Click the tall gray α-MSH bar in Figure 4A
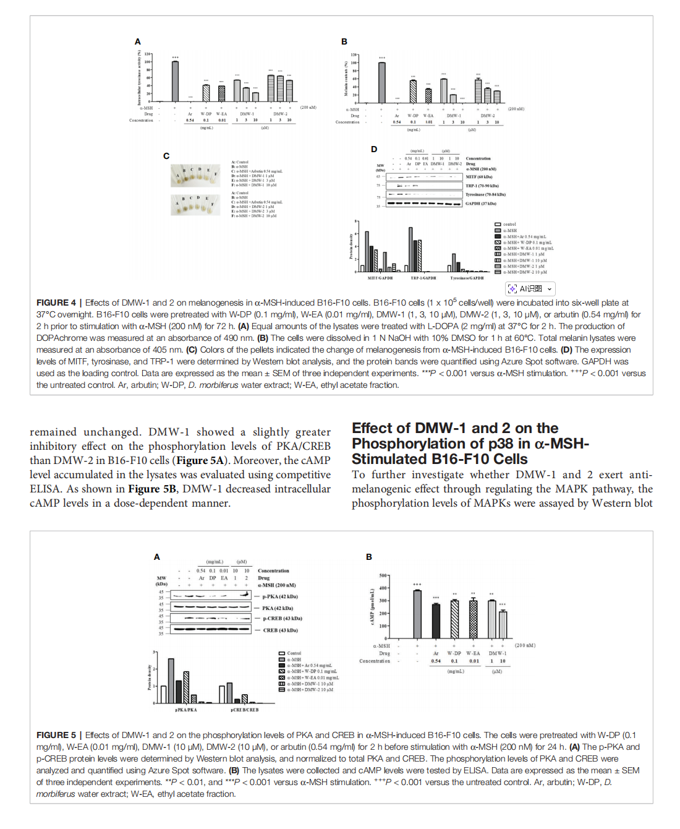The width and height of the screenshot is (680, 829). point(175,81)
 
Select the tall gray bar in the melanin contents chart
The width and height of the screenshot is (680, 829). point(382,82)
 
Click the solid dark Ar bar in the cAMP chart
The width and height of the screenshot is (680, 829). point(436,621)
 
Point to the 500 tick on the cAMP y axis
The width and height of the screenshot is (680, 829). point(383,575)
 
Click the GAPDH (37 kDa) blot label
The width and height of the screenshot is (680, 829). point(481,204)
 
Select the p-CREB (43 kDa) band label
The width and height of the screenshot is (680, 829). point(283,619)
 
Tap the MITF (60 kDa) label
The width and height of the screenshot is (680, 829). point(479,177)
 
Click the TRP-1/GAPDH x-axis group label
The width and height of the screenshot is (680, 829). point(423,278)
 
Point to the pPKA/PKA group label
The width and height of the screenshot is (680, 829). point(186,710)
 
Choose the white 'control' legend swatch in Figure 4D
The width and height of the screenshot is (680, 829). point(498,225)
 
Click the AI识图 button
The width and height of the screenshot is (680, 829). point(530,289)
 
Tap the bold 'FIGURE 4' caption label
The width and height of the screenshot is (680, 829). point(56,303)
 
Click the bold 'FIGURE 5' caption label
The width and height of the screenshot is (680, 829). point(56,735)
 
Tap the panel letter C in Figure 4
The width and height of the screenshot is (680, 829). point(166,156)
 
